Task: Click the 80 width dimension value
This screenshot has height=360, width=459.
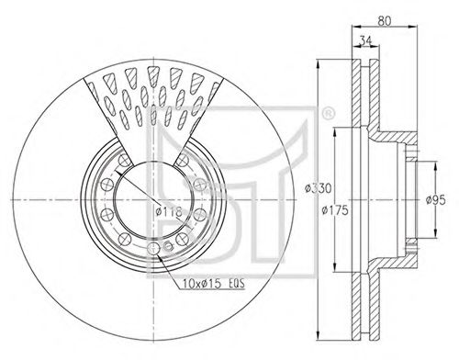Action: [385, 20]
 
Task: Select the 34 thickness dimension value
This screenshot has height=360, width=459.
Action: [365, 40]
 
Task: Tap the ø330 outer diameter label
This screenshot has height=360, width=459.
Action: [318, 188]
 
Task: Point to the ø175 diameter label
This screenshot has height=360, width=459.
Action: [335, 210]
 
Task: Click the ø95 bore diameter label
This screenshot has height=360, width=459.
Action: [436, 200]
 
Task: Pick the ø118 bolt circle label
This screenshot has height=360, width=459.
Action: [169, 211]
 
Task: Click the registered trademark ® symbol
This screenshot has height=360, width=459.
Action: [329, 113]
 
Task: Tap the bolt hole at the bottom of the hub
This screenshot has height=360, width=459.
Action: [153, 248]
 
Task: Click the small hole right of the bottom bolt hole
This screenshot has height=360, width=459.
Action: [168, 245]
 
